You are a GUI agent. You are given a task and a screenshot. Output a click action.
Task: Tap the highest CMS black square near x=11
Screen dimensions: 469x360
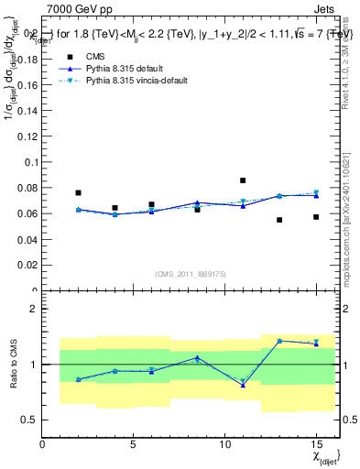tap(243, 180)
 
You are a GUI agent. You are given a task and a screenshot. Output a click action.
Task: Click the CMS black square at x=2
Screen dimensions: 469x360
tap(78, 193)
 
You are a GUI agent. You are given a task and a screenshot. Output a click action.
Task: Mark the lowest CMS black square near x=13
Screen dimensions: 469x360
tap(279, 220)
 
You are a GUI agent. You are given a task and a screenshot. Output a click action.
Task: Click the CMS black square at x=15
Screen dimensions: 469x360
tap(316, 217)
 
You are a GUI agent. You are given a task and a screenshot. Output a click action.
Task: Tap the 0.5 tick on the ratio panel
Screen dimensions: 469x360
tap(29, 420)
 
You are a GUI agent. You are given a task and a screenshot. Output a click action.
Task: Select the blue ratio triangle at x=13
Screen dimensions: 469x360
tap(279, 341)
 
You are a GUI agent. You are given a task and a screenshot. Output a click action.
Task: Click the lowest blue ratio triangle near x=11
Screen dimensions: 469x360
tap(243, 385)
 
